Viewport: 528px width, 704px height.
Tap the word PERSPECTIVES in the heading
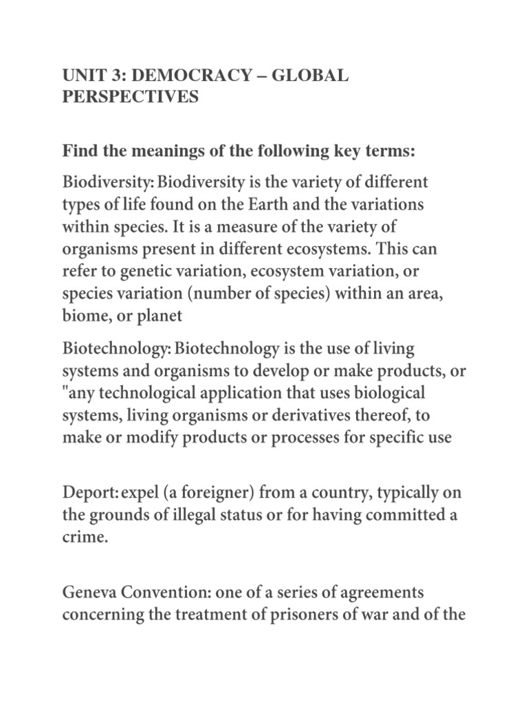click(x=131, y=97)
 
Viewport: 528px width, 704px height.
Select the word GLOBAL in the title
click(x=311, y=76)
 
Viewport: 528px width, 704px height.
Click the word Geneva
click(x=89, y=593)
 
